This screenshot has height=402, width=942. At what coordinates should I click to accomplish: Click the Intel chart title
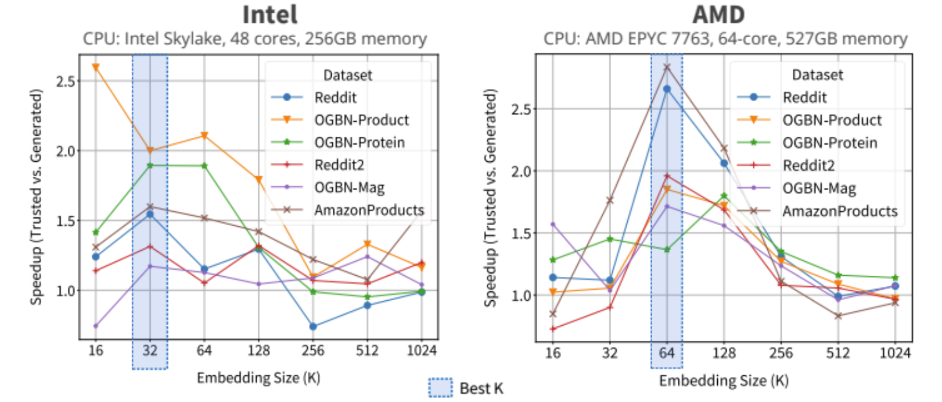[269, 15]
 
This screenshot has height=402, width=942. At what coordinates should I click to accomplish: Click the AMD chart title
[718, 15]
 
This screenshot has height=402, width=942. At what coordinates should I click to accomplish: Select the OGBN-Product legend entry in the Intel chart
[361, 120]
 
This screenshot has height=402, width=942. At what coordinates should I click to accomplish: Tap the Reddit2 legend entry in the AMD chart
[808, 166]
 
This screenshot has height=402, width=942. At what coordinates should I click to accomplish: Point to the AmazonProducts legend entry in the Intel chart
[369, 210]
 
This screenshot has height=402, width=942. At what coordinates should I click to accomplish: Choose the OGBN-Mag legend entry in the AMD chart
[819, 188]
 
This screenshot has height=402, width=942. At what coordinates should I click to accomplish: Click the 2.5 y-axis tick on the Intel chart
[66, 81]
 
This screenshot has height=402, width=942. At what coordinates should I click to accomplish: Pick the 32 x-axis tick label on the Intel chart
[150, 351]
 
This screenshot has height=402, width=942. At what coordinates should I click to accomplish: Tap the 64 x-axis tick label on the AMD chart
[667, 353]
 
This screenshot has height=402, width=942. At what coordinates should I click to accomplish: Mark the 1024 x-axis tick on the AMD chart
[895, 353]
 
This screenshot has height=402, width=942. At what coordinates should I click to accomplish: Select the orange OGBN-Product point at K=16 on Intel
[96, 67]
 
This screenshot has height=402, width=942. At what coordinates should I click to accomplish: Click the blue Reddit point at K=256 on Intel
[313, 327]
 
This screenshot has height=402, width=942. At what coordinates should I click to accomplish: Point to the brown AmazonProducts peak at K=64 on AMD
[667, 67]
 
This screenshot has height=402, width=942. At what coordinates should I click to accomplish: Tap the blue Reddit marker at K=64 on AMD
[667, 89]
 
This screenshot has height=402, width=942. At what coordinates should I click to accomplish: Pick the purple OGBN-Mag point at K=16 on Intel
[96, 326]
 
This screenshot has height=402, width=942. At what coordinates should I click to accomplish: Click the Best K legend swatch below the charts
[440, 387]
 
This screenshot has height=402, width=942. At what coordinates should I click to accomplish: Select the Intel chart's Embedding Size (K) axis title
[258, 378]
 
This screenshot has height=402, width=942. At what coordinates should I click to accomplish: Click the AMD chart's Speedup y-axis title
[491, 198]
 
